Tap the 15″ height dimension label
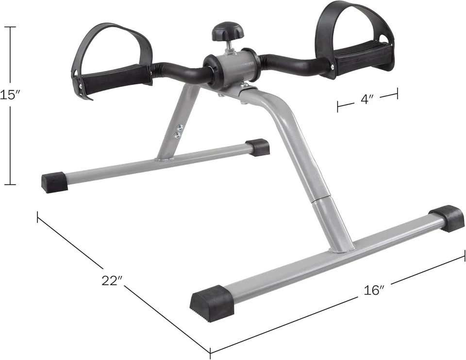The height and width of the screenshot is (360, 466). (7, 95)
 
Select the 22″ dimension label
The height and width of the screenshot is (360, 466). (112, 281)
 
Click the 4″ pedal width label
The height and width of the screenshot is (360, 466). (367, 99)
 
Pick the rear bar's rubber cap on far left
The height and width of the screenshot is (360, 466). (54, 182)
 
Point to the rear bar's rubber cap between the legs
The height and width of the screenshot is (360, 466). (257, 147)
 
